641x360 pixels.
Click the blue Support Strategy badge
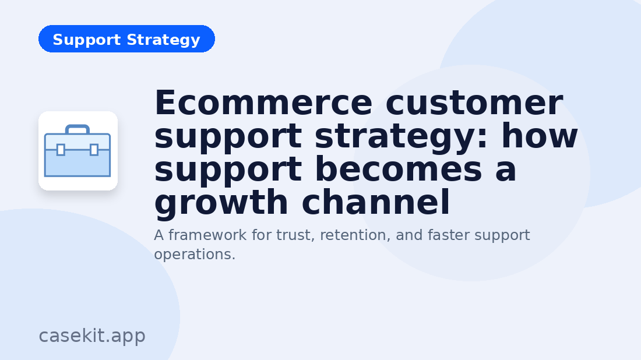(x=126, y=39)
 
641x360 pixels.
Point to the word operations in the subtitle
(x=192, y=255)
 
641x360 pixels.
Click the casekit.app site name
(x=92, y=336)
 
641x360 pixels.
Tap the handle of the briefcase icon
(x=78, y=129)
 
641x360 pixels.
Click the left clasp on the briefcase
(x=61, y=150)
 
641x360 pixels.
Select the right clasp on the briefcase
(x=94, y=150)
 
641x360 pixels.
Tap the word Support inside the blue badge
(x=85, y=40)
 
